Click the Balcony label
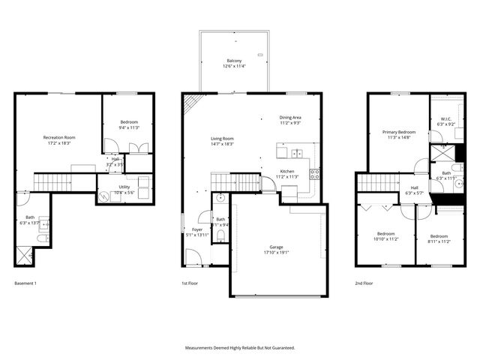(234, 61)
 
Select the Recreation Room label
(58, 137)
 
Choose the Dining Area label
(290, 117)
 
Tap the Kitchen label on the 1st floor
(287, 172)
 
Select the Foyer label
(197, 229)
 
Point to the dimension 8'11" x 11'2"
(439, 241)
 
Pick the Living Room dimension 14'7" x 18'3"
(222, 143)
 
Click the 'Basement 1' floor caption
(25, 283)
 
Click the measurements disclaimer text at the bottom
(240, 348)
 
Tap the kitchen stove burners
(315, 175)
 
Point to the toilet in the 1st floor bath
(220, 235)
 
